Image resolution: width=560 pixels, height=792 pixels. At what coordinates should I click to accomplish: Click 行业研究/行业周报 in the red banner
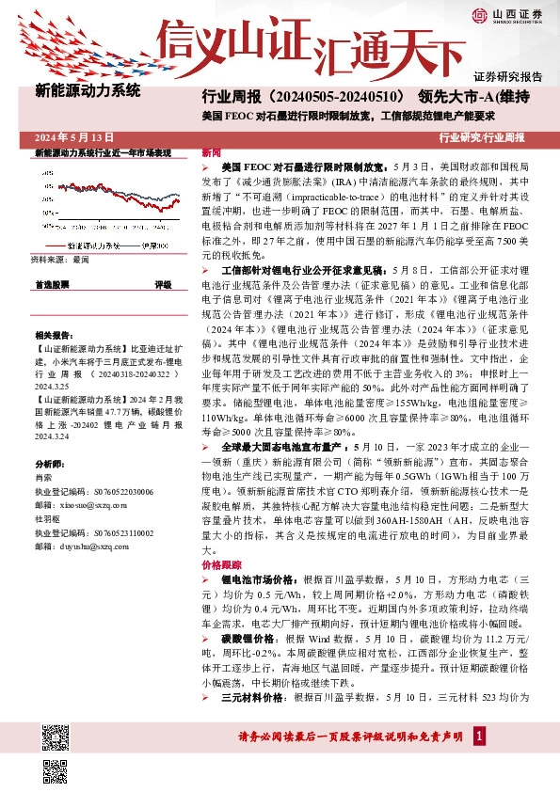[x=482, y=137]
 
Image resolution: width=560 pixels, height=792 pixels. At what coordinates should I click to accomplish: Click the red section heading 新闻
[x=212, y=152]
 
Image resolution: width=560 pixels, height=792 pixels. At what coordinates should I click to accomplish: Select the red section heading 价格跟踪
[x=222, y=564]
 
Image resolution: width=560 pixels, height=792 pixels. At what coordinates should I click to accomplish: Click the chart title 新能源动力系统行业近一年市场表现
[x=103, y=151]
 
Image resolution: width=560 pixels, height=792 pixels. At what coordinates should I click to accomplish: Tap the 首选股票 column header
[x=52, y=283]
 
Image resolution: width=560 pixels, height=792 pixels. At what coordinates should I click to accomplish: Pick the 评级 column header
[x=163, y=283]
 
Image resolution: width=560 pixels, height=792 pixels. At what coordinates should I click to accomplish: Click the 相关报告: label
[x=55, y=335]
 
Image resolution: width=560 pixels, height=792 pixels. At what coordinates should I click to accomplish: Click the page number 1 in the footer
[x=480, y=760]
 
